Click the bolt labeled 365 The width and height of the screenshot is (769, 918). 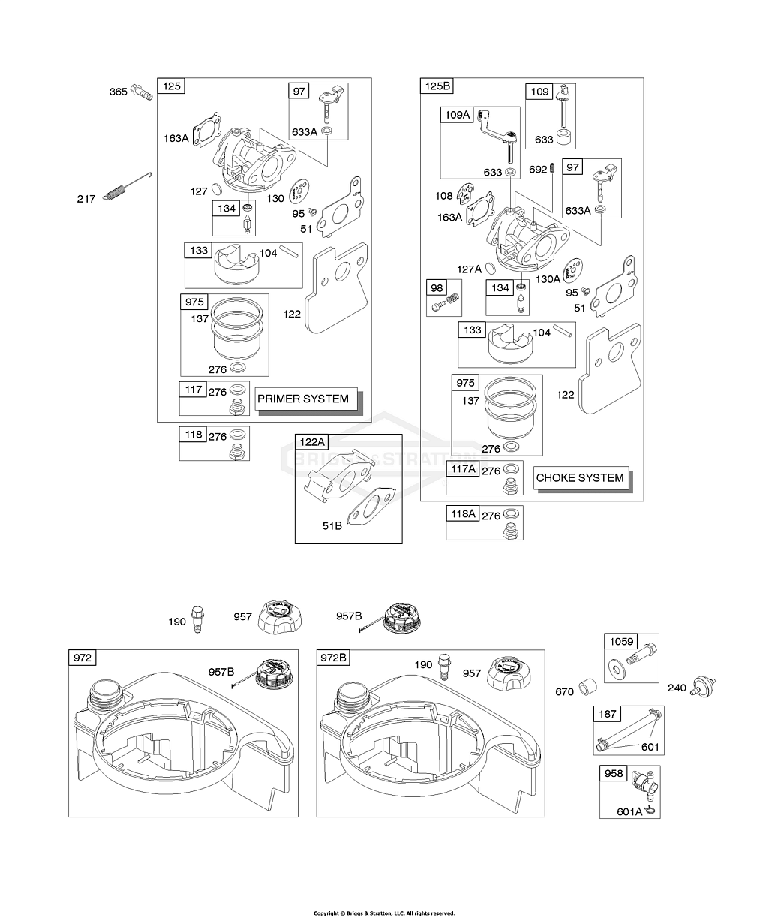(141, 92)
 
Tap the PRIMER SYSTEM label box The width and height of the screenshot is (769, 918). (303, 399)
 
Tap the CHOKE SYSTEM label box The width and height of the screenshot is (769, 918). (580, 477)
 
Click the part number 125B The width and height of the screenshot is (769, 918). (437, 86)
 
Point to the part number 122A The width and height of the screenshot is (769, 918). (311, 443)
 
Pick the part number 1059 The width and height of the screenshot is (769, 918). (620, 642)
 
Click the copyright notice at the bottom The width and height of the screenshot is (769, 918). (384, 913)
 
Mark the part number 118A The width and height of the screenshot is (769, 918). (462, 514)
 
